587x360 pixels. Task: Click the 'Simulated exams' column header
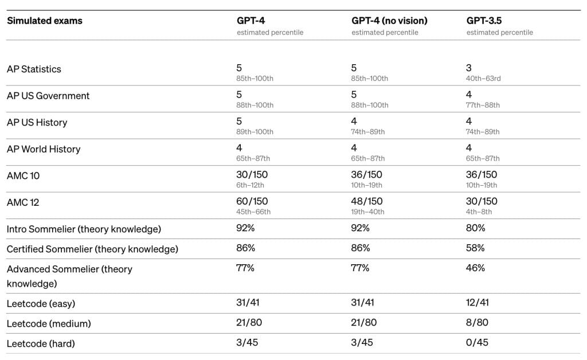pos(45,21)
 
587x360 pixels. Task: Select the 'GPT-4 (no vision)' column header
pos(389,21)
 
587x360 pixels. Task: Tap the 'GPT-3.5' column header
pos(484,21)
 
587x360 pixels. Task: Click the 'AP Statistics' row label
pos(34,69)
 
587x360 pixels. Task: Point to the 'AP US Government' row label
pos(48,96)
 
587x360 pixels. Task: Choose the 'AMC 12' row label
pos(23,202)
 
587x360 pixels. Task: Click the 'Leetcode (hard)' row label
pos(41,343)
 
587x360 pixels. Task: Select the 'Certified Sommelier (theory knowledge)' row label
pos(92,249)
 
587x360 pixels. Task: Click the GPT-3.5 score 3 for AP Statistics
pos(469,68)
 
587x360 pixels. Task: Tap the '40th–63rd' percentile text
pos(483,79)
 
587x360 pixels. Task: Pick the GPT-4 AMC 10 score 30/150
pos(252,174)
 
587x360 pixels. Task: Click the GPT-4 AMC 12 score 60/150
pos(252,201)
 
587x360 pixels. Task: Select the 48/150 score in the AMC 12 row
pos(366,201)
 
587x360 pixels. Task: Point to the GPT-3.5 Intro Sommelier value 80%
pos(475,228)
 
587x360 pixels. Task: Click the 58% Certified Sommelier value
pos(475,248)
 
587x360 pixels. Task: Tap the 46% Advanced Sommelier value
pos(475,268)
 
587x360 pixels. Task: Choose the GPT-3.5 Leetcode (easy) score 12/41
pos(478,302)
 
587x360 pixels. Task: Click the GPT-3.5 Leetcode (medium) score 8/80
pos(477,322)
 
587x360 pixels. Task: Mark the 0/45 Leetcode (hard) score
pos(477,342)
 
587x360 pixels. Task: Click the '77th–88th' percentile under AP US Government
pos(483,105)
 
